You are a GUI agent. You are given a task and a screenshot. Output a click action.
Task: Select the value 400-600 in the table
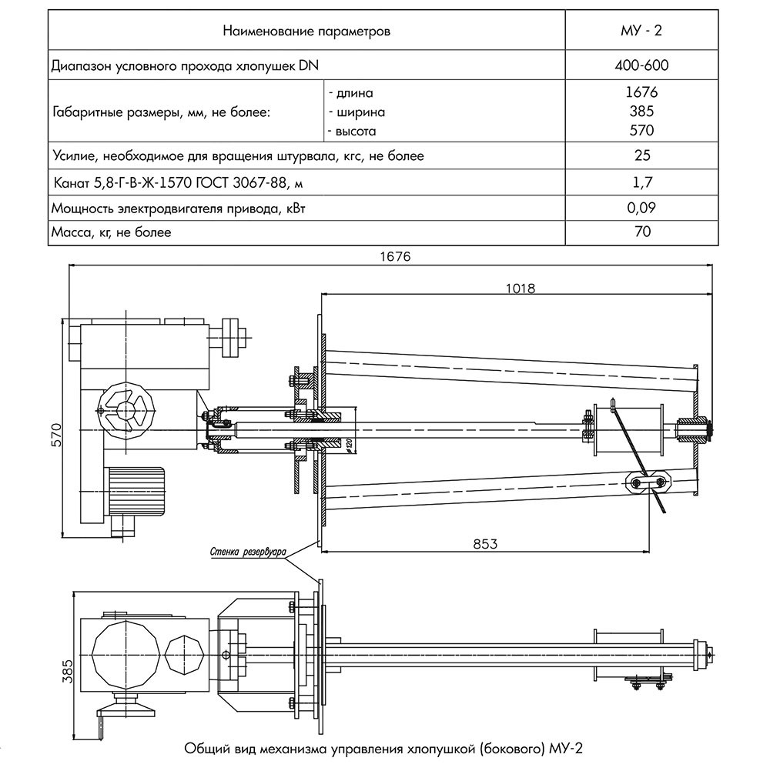642,65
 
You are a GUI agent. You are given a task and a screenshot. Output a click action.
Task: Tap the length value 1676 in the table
642,93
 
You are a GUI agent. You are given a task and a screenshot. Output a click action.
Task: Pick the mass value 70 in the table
642,231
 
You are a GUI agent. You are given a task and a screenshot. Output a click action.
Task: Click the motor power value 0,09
642,208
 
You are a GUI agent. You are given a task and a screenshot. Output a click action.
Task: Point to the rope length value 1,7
642,182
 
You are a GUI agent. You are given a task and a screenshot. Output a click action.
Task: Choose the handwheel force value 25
642,155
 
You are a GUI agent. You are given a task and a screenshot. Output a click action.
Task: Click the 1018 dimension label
521,288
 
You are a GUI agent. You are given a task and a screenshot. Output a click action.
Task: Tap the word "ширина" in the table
357,112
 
